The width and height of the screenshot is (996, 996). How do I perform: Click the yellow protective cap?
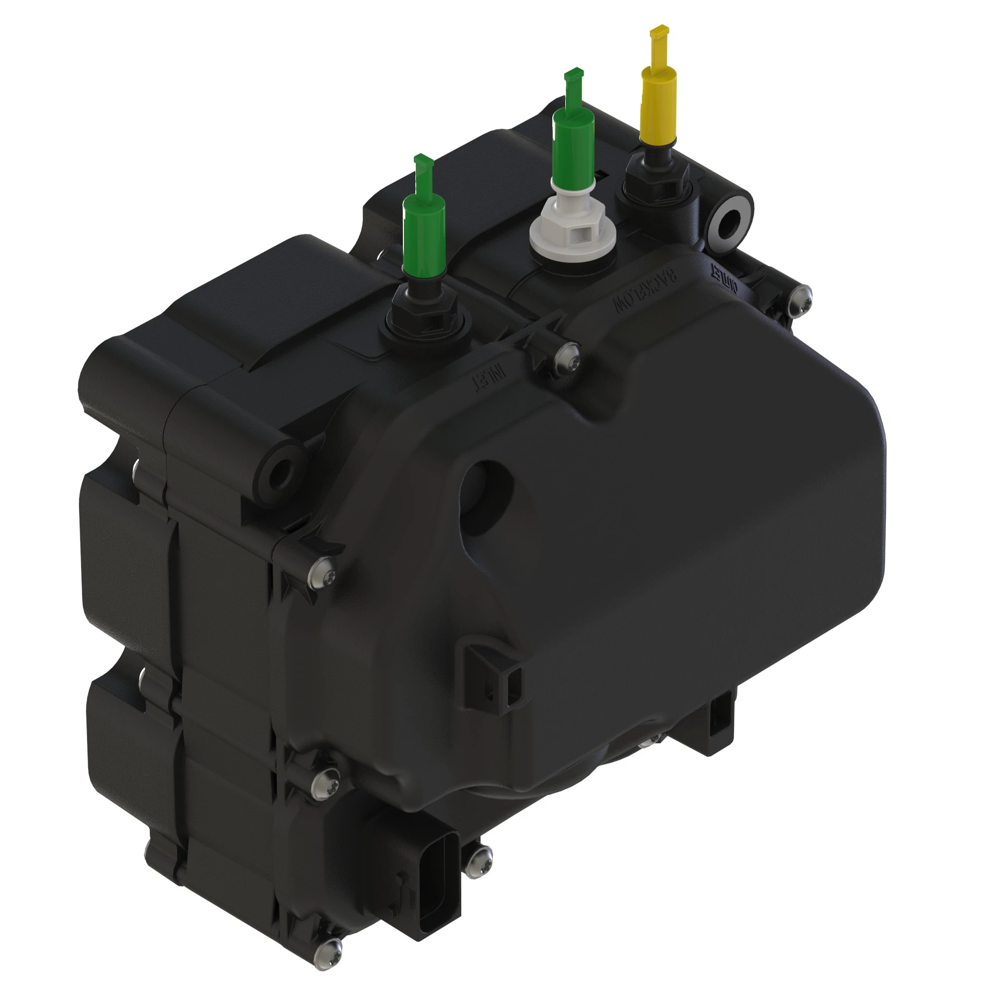click(658, 105)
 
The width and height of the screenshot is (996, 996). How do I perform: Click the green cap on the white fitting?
click(573, 144)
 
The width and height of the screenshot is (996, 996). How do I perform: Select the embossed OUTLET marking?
click(726, 278)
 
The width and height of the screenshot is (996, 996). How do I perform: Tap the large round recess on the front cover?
click(486, 498)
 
